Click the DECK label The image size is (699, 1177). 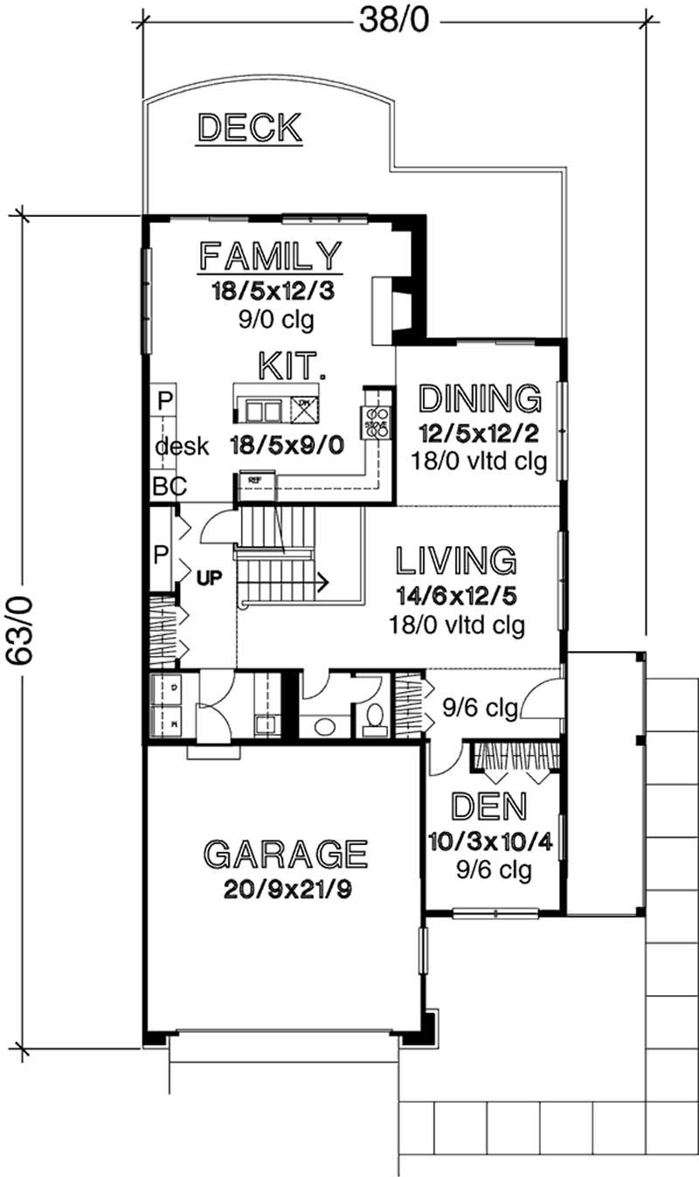pyautogui.click(x=250, y=128)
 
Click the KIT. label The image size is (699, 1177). pyautogui.click(x=292, y=364)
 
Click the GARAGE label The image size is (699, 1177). pyautogui.click(x=285, y=853)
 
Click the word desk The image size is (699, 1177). pyautogui.click(x=182, y=447)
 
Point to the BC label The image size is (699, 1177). pyautogui.click(x=169, y=488)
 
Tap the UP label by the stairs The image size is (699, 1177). pyautogui.click(x=208, y=578)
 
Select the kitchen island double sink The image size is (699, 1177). pyautogui.click(x=263, y=409)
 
